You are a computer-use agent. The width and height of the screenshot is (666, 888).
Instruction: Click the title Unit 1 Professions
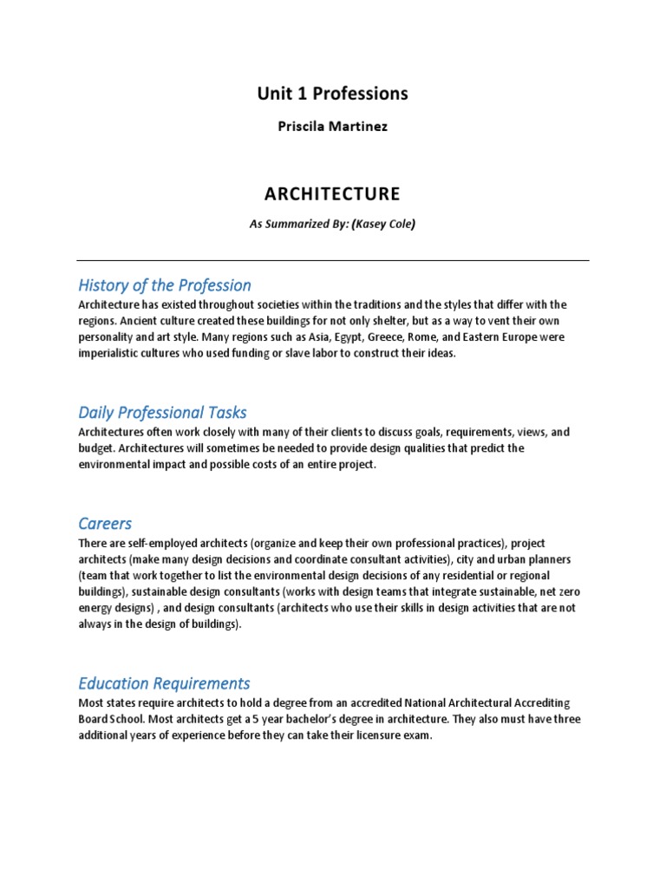[x=332, y=93]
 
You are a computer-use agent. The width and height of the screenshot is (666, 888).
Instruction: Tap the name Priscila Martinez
[x=332, y=127]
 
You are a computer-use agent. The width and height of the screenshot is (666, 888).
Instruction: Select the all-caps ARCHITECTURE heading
[x=332, y=193]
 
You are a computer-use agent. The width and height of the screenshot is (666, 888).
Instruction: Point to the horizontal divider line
[x=332, y=260]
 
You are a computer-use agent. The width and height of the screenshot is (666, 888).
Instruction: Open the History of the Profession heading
[x=165, y=285]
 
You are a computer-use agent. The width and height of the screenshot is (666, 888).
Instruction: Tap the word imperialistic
[x=112, y=354]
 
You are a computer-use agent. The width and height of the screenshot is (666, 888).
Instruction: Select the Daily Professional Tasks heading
[x=162, y=412]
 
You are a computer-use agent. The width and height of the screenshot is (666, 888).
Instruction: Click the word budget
[x=95, y=448]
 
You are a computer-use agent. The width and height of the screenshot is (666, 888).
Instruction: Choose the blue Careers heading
[x=105, y=523]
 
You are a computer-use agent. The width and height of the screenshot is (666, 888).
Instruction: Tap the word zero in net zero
[x=567, y=592]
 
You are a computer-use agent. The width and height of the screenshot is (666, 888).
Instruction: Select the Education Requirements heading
[x=164, y=683]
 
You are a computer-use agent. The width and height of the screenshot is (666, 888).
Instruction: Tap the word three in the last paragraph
[x=565, y=720]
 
